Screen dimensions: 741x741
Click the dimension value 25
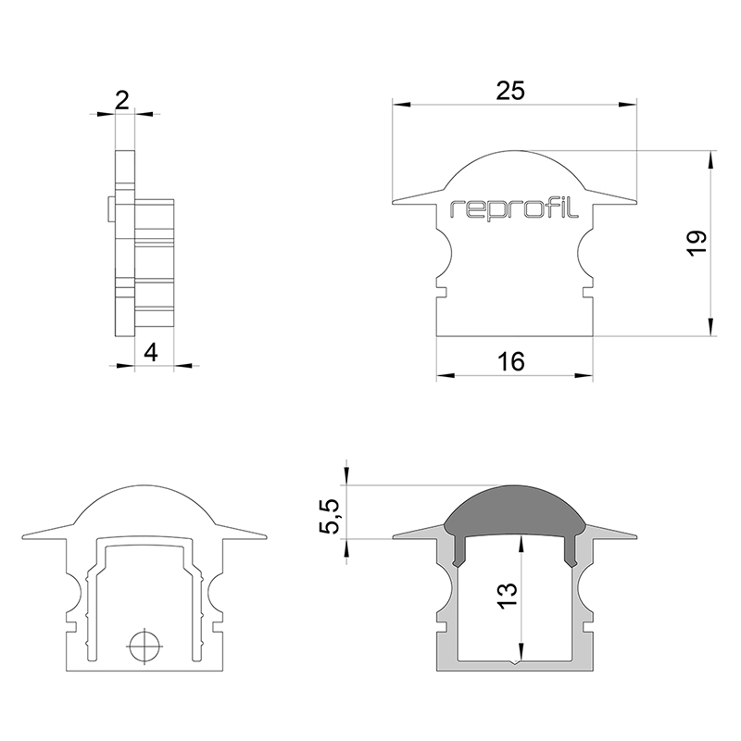(510, 90)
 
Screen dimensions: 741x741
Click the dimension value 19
(697, 244)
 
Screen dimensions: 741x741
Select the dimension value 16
(511, 361)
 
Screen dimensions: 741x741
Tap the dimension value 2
(122, 100)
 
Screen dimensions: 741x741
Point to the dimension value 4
(151, 353)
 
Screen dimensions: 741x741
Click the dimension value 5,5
(330, 516)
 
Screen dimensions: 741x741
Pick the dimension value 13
(507, 596)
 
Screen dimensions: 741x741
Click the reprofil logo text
(515, 208)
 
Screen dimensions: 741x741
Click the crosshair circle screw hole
(144, 646)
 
